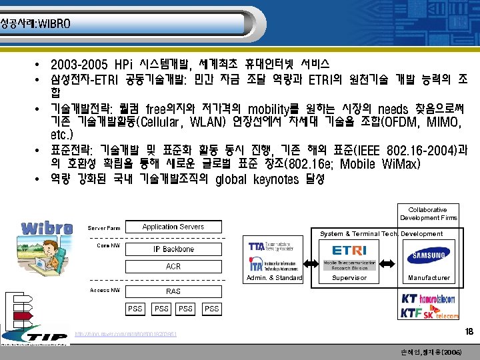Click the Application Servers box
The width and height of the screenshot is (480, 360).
pyautogui.click(x=173, y=227)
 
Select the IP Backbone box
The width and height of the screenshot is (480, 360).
pyautogui.click(x=173, y=249)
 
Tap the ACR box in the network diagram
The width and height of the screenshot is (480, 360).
pyautogui.click(x=173, y=267)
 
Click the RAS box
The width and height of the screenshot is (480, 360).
pyautogui.click(x=173, y=291)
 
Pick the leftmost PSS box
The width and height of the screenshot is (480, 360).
pyautogui.click(x=135, y=309)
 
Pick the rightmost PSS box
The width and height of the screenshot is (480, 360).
pyautogui.click(x=211, y=309)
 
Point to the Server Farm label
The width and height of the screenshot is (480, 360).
pyautogui.click(x=104, y=228)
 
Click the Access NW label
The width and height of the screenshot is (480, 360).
pyautogui.click(x=105, y=290)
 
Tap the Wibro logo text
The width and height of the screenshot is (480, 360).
pyautogui.click(x=47, y=228)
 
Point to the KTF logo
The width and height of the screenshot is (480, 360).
pyautogui.click(x=414, y=312)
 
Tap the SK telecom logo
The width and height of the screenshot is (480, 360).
pyautogui.click(x=443, y=313)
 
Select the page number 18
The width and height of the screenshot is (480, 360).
pyautogui.click(x=468, y=332)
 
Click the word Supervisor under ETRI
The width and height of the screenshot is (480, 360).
pyautogui.click(x=349, y=277)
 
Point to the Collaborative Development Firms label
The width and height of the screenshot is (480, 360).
pyautogui.click(x=428, y=213)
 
